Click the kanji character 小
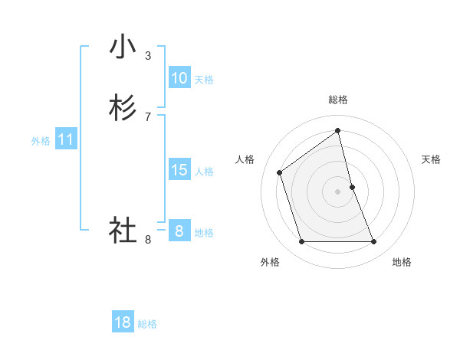point(123,47)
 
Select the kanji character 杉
point(123,109)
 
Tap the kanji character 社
point(123,230)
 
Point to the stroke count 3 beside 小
point(148,55)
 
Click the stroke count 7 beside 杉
point(148,116)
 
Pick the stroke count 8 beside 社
point(148,240)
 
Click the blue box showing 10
point(179,78)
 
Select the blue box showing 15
point(179,170)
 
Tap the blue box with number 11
point(66,139)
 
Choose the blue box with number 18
point(123,322)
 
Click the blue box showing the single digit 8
point(179,231)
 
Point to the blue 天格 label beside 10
point(204,80)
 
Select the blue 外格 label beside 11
point(41,141)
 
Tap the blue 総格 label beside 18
point(147,324)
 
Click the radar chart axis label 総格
point(338,100)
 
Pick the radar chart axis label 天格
point(431,159)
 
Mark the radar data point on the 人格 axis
point(280,172)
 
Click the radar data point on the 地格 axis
point(374,242)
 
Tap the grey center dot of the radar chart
point(338,191)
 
